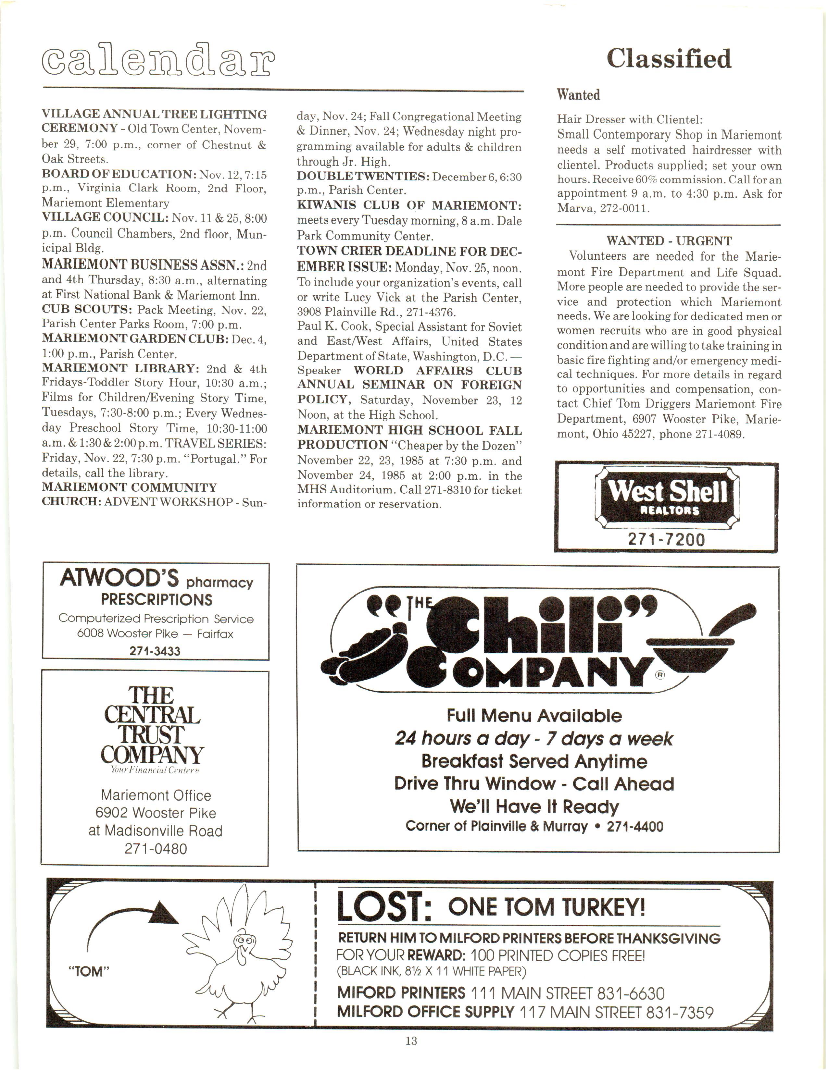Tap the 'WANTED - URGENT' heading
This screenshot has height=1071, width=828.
(669, 241)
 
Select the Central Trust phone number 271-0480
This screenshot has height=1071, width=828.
(156, 849)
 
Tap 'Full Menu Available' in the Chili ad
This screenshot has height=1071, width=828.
(534, 716)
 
